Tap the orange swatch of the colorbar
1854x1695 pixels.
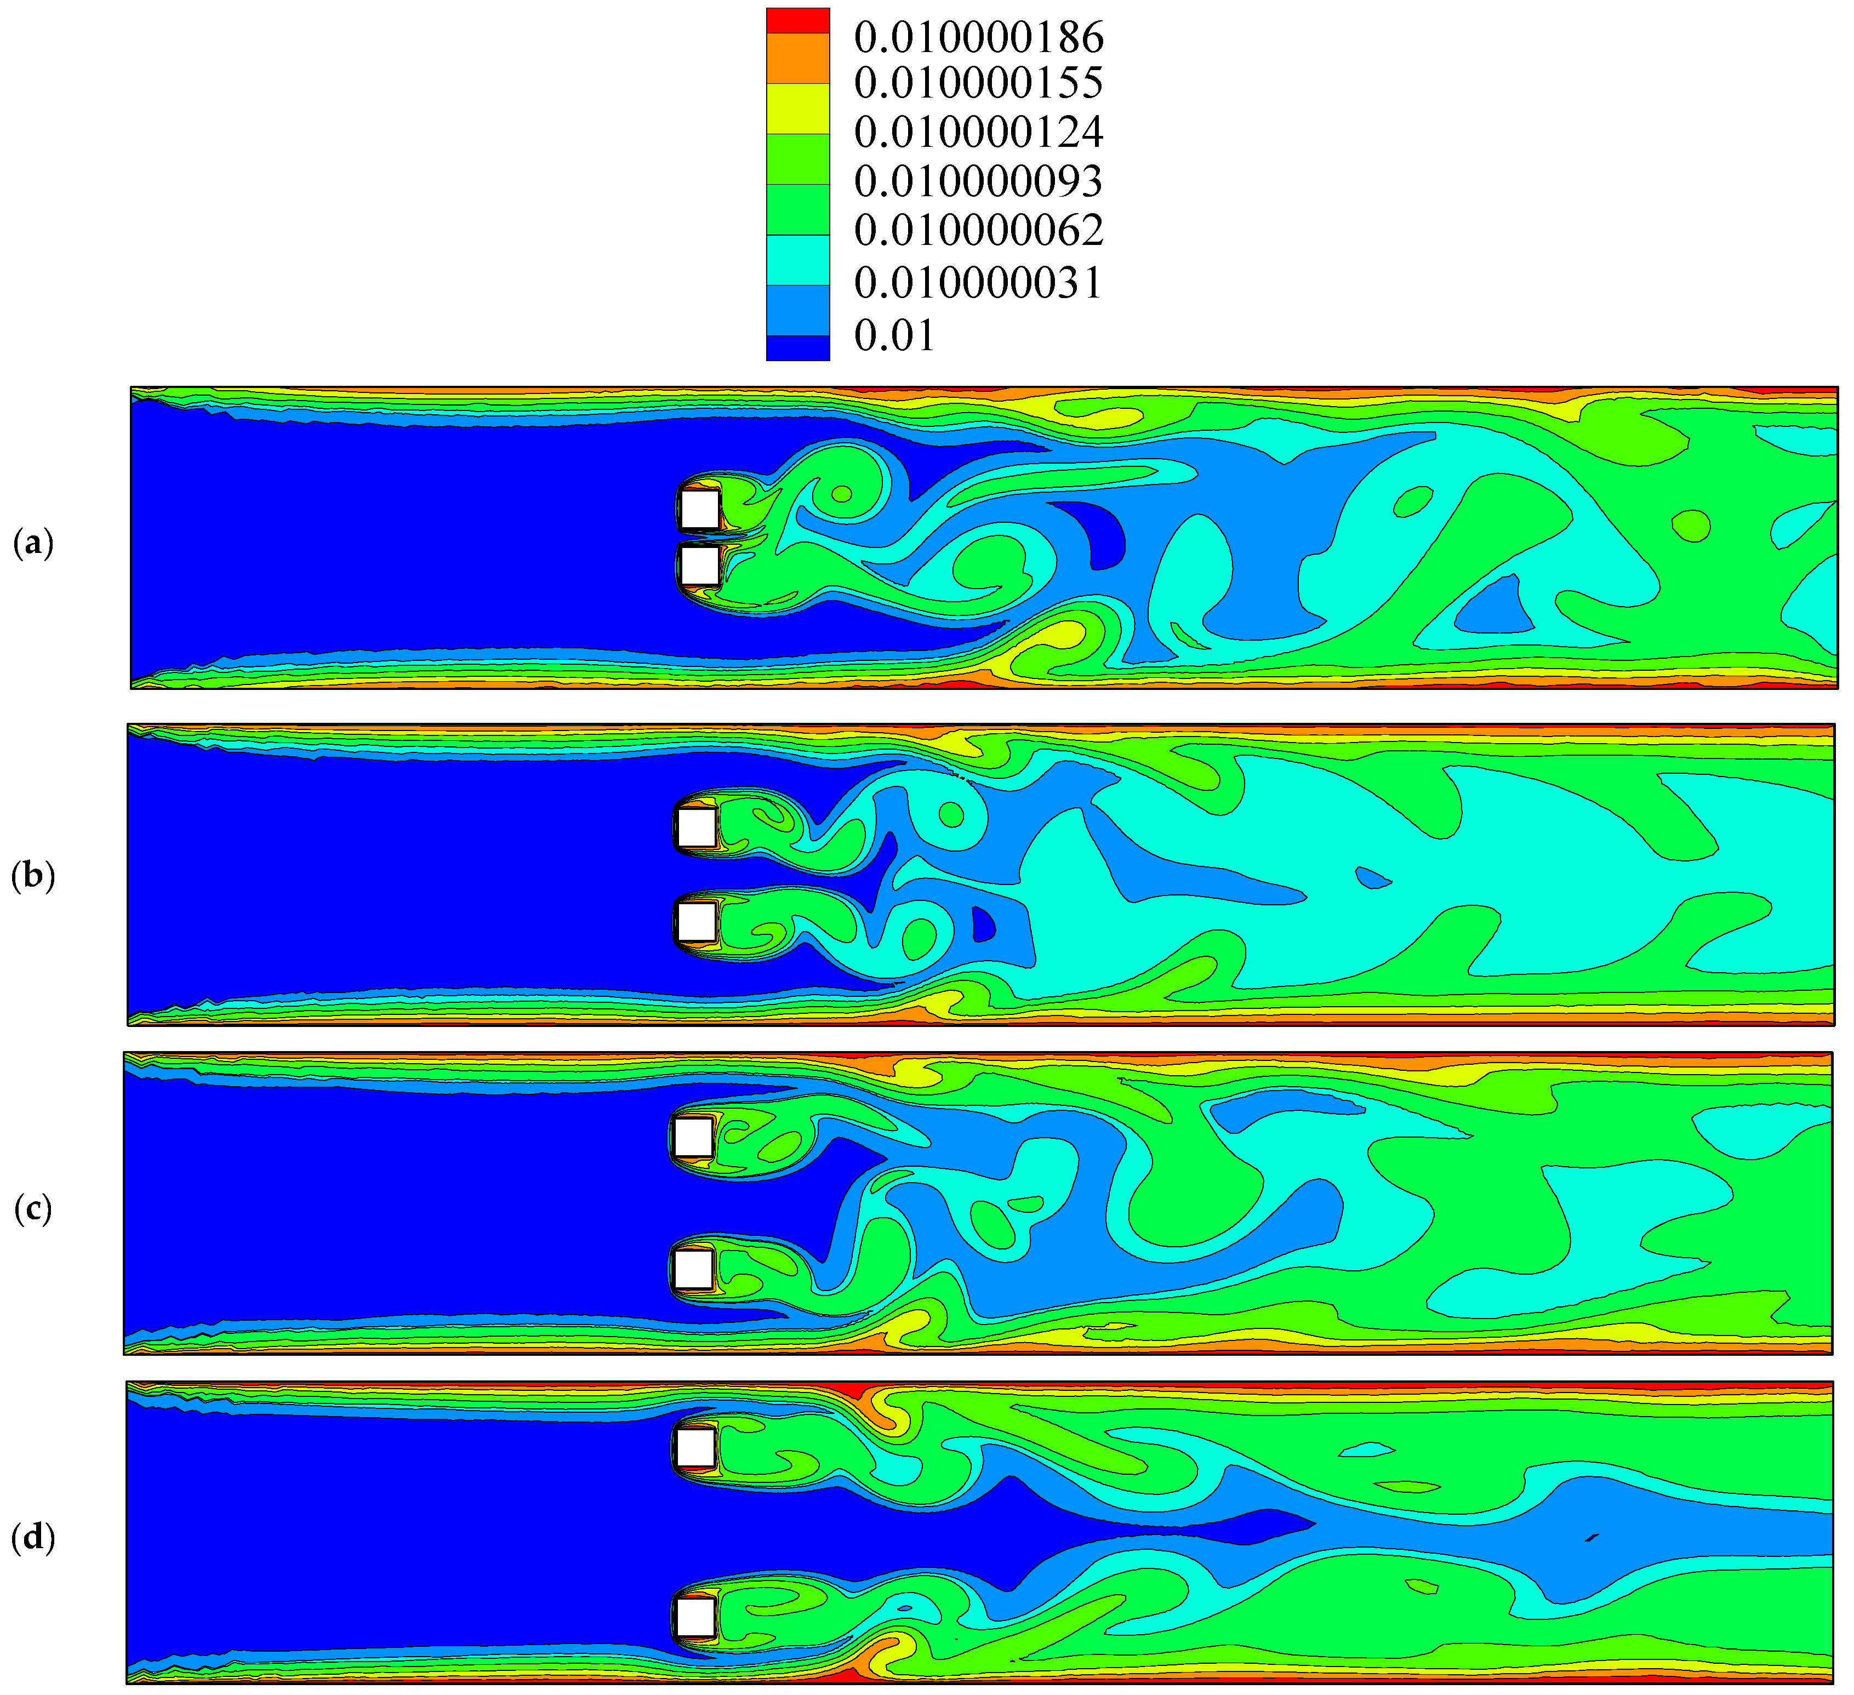[x=798, y=59]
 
